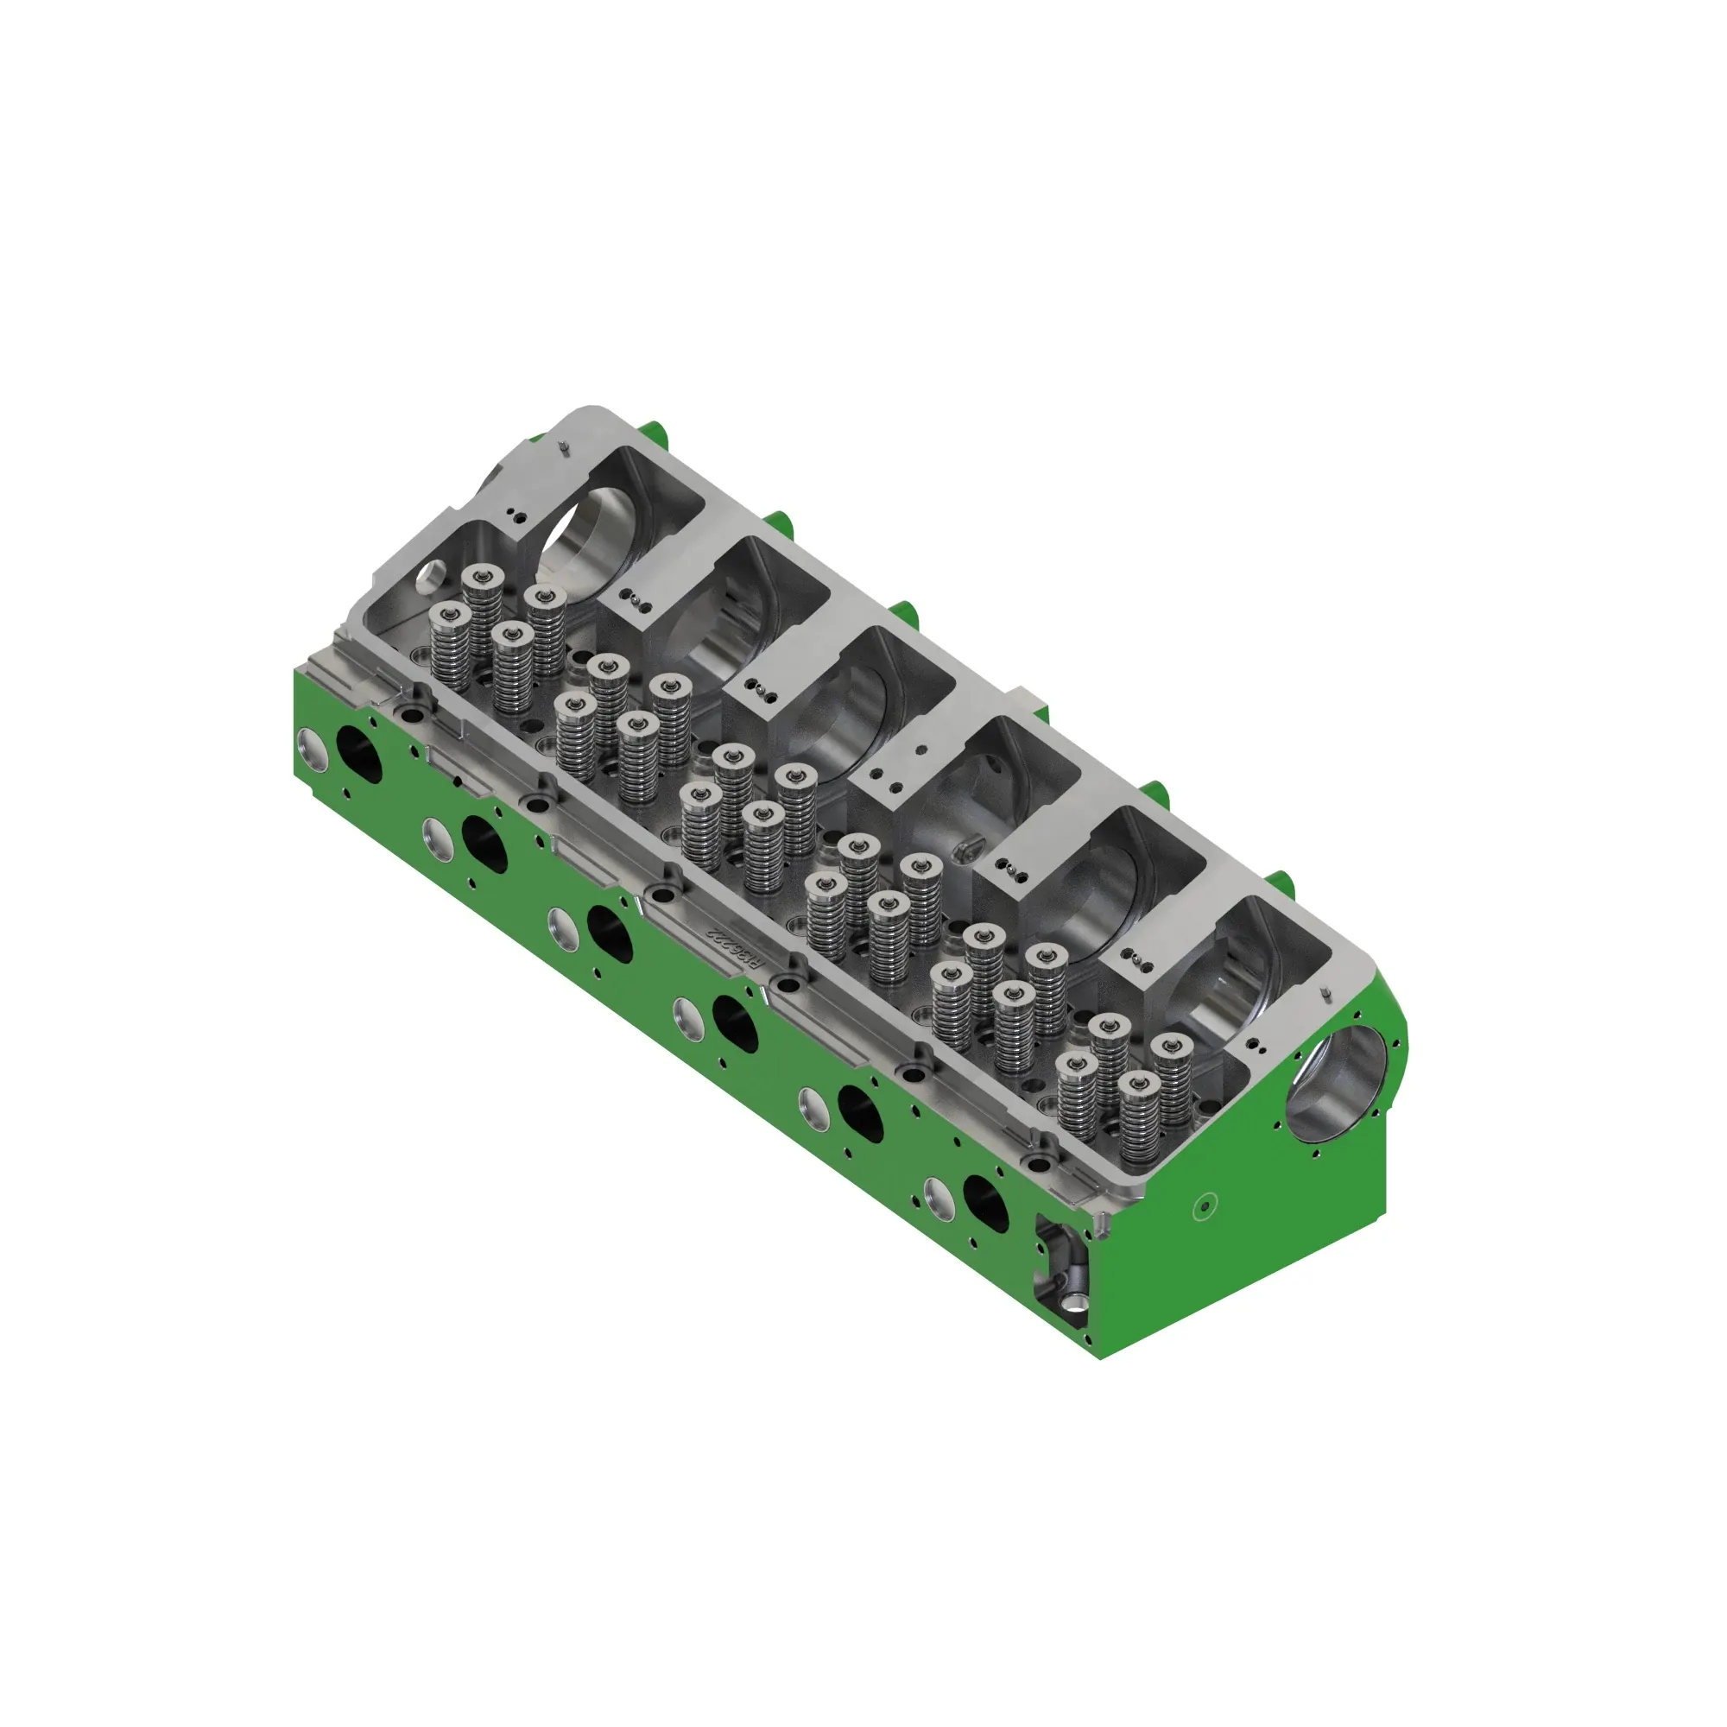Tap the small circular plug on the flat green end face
pos(1204,1207)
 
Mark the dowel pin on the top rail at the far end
pos(563,447)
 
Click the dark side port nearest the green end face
pos(985,1202)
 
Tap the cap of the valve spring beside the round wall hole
pos(483,576)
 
